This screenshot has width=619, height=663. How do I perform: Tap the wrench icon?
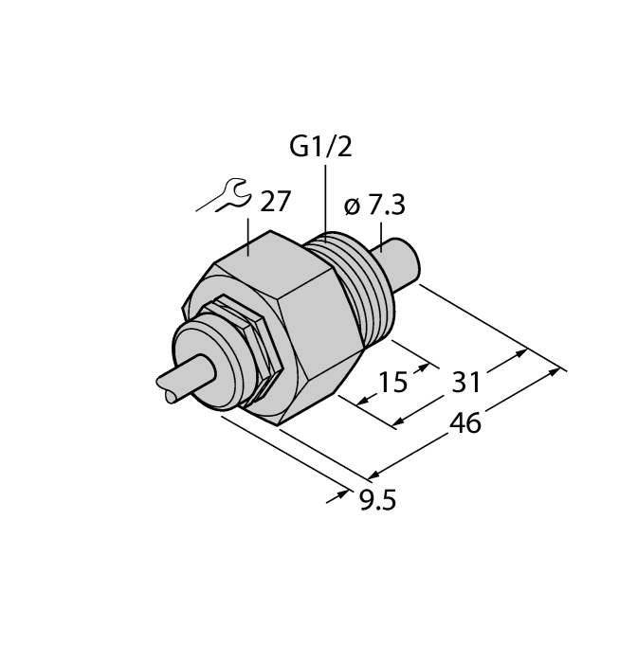pyautogui.click(x=222, y=196)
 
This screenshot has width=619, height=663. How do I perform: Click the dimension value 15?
pyautogui.click(x=391, y=382)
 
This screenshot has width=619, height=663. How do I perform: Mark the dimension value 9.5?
pyautogui.click(x=373, y=496)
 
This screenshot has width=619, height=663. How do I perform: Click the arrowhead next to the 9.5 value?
pyautogui.click(x=338, y=495)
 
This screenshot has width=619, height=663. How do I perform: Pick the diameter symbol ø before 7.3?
pyautogui.click(x=348, y=207)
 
